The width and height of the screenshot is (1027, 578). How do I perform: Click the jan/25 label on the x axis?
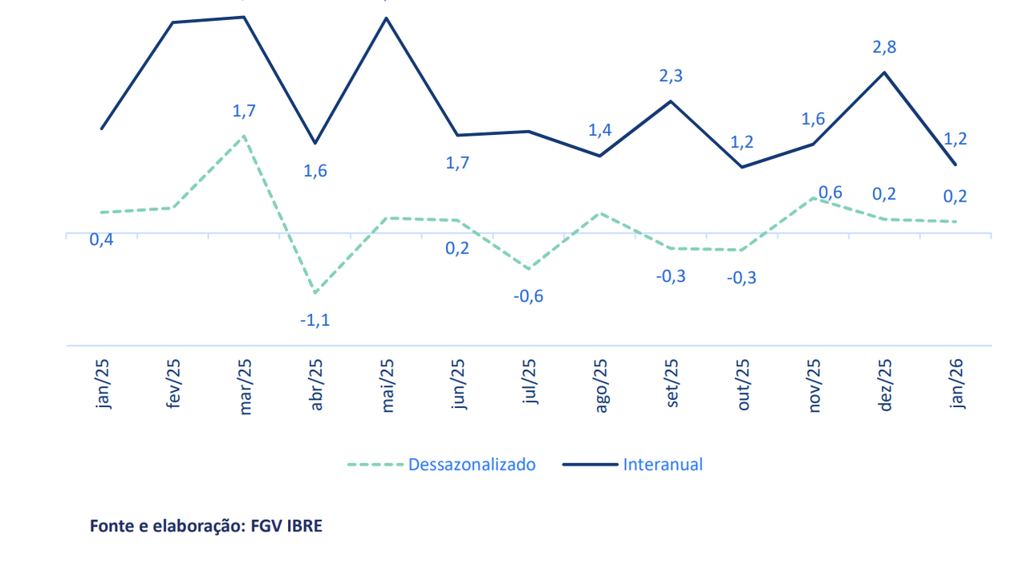click(x=104, y=385)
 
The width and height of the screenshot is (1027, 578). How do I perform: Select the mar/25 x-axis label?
click(x=246, y=385)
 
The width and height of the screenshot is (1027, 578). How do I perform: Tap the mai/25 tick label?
click(x=388, y=385)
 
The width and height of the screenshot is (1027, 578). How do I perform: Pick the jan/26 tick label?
click(x=956, y=385)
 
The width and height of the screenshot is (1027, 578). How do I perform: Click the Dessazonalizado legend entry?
click(x=471, y=464)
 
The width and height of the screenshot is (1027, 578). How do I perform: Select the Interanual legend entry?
click(x=662, y=464)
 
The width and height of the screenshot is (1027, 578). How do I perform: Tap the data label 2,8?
click(x=885, y=47)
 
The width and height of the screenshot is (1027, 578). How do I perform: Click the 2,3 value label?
click(x=671, y=76)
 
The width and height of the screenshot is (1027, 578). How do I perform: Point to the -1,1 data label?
click(x=315, y=320)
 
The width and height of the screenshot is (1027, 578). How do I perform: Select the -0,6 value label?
click(x=528, y=296)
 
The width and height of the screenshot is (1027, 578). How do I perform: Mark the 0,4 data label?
click(x=102, y=240)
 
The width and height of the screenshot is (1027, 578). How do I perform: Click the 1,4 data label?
click(x=600, y=130)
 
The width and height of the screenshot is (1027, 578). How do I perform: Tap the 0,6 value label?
click(x=830, y=193)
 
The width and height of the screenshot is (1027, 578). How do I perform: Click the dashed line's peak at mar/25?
click(x=244, y=136)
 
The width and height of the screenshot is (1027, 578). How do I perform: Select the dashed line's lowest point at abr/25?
click(x=315, y=293)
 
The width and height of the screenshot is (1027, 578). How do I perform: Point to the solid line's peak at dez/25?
click(x=884, y=72)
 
